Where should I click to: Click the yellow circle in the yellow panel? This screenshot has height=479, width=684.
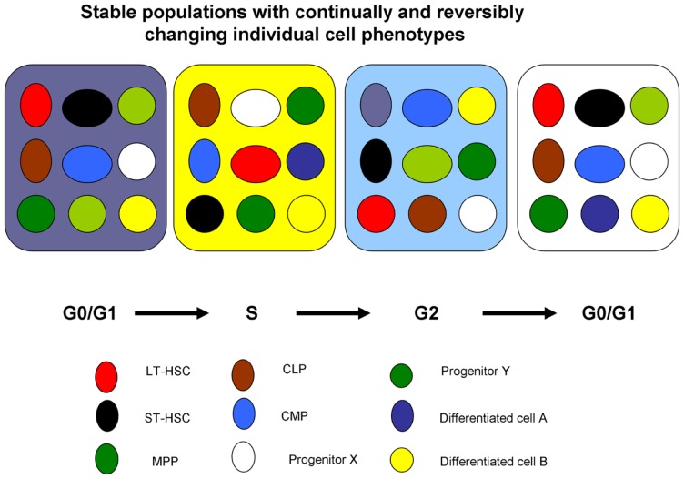(x=307, y=215)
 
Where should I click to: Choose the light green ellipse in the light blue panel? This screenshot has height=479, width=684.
(x=427, y=164)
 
